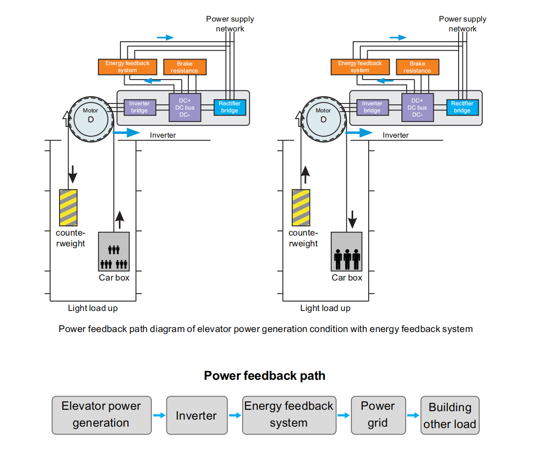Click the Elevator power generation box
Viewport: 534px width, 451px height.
[102, 414]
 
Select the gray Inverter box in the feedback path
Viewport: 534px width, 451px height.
[196, 415]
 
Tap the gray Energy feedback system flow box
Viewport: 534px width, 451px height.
[289, 414]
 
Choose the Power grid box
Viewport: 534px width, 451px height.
[378, 414]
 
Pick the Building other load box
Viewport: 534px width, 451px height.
[450, 415]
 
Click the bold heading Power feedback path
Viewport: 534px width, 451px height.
[264, 376]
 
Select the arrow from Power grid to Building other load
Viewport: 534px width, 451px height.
[413, 415]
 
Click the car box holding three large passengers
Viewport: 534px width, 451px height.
[347, 251]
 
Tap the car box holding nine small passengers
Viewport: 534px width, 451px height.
[114, 251]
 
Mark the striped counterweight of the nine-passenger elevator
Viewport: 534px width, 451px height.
[68, 207]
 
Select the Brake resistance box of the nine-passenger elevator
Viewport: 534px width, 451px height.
[185, 67]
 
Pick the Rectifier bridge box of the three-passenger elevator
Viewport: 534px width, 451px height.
[462, 107]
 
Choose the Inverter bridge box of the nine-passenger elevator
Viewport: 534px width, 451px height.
[139, 107]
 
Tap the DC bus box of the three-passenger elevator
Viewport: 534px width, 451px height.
[417, 108]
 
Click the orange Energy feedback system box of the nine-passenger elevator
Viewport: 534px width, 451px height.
[127, 67]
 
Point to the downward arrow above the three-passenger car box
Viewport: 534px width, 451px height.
[352, 218]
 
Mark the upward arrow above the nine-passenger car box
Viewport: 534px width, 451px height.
[120, 219]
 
